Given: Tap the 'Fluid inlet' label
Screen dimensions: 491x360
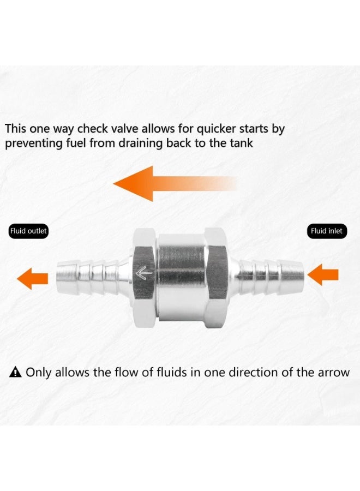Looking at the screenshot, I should [327, 231].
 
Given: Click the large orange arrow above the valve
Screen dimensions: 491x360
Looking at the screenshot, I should [164, 184].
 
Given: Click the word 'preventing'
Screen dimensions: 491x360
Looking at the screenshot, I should [31, 143].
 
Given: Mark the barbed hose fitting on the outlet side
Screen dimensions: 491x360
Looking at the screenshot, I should [90, 273].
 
